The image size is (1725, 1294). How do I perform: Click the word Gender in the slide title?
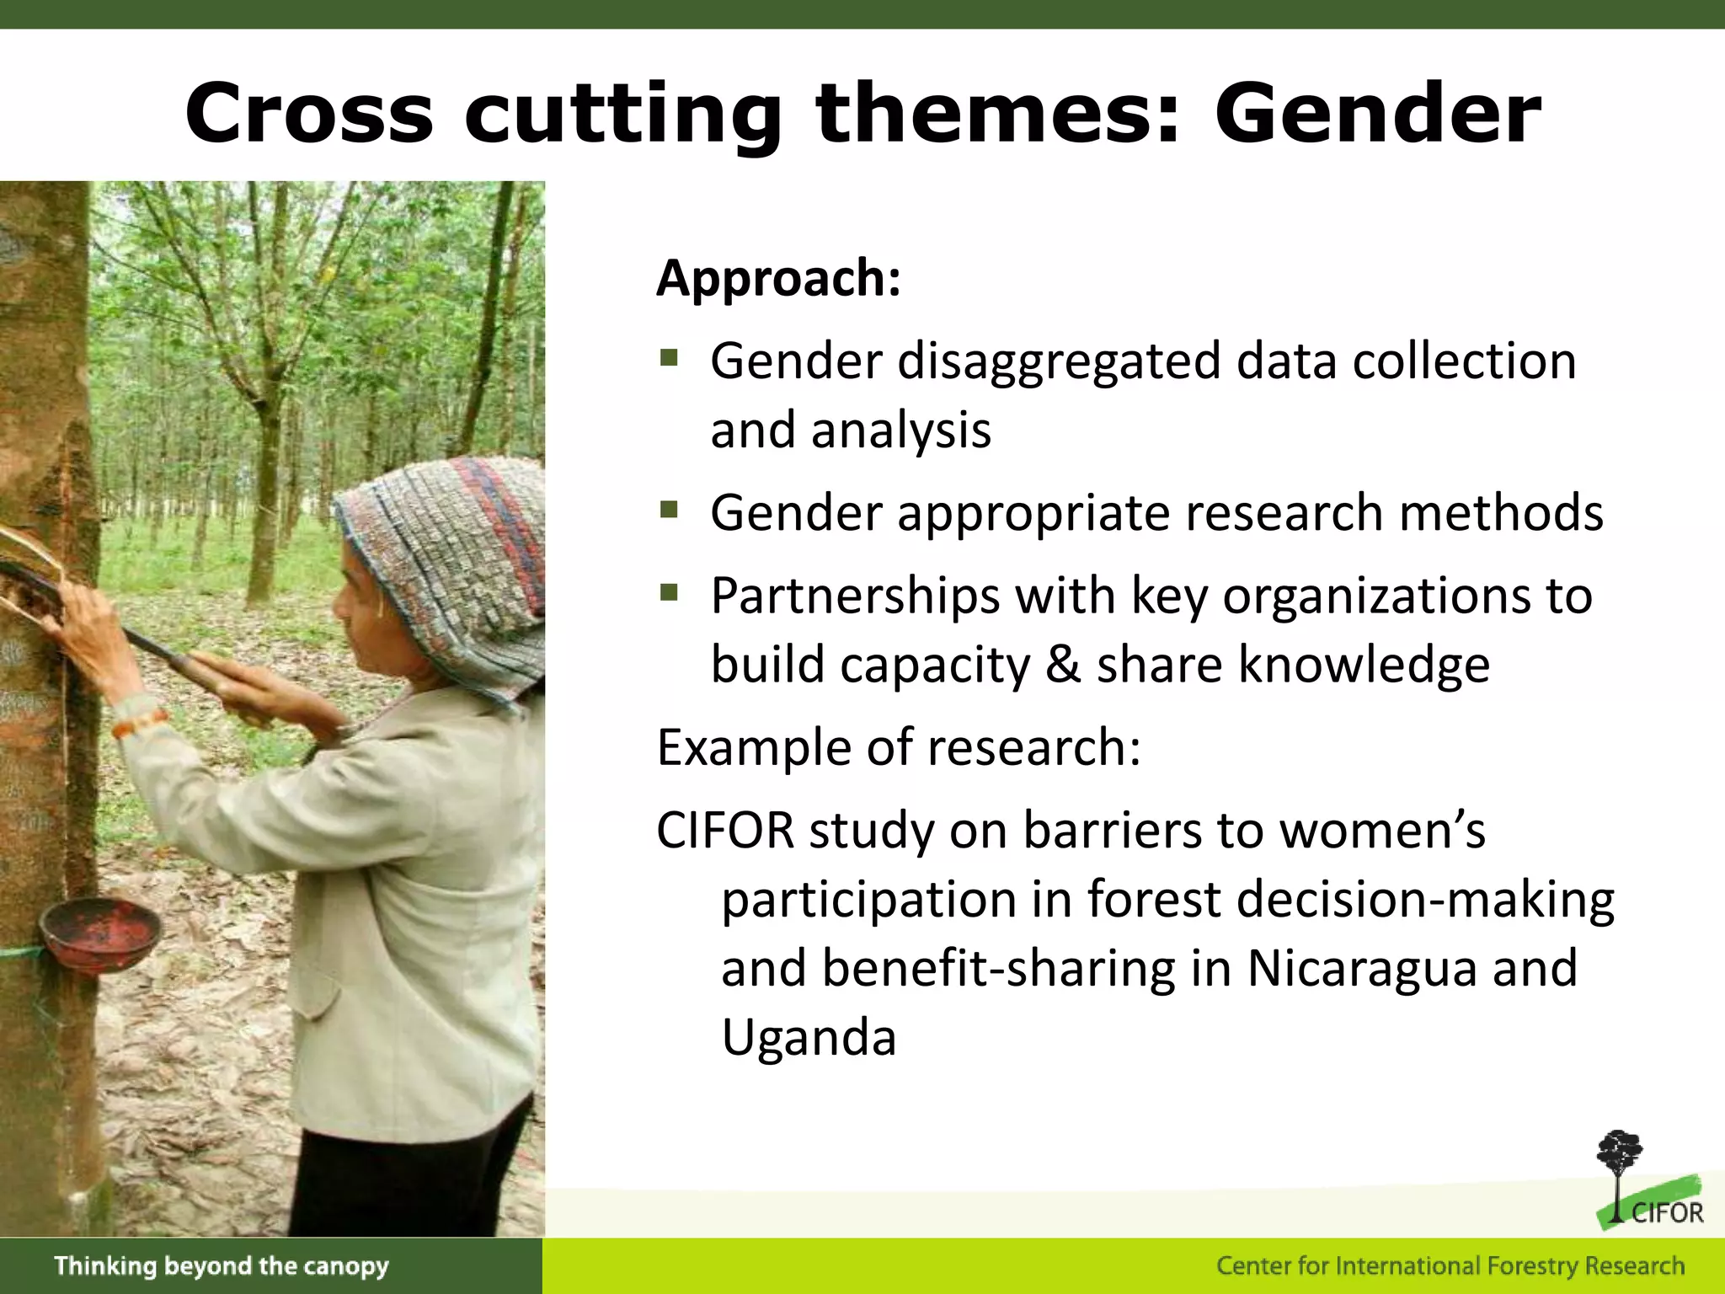[x=1377, y=114]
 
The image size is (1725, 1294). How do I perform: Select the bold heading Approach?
[x=778, y=277]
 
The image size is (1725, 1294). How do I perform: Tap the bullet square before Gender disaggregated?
[x=670, y=359]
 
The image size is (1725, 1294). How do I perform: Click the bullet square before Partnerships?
[x=670, y=593]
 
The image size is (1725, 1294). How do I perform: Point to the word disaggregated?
[x=1059, y=362]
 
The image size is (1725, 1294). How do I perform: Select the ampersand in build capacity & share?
[x=1063, y=665]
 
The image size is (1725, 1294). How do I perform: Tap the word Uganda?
[x=809, y=1037]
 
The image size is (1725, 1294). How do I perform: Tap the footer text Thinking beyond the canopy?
[x=222, y=1265]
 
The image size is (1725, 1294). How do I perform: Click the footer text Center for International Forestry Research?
[x=1450, y=1265]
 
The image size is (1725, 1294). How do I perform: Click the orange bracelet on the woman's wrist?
[x=139, y=723]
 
